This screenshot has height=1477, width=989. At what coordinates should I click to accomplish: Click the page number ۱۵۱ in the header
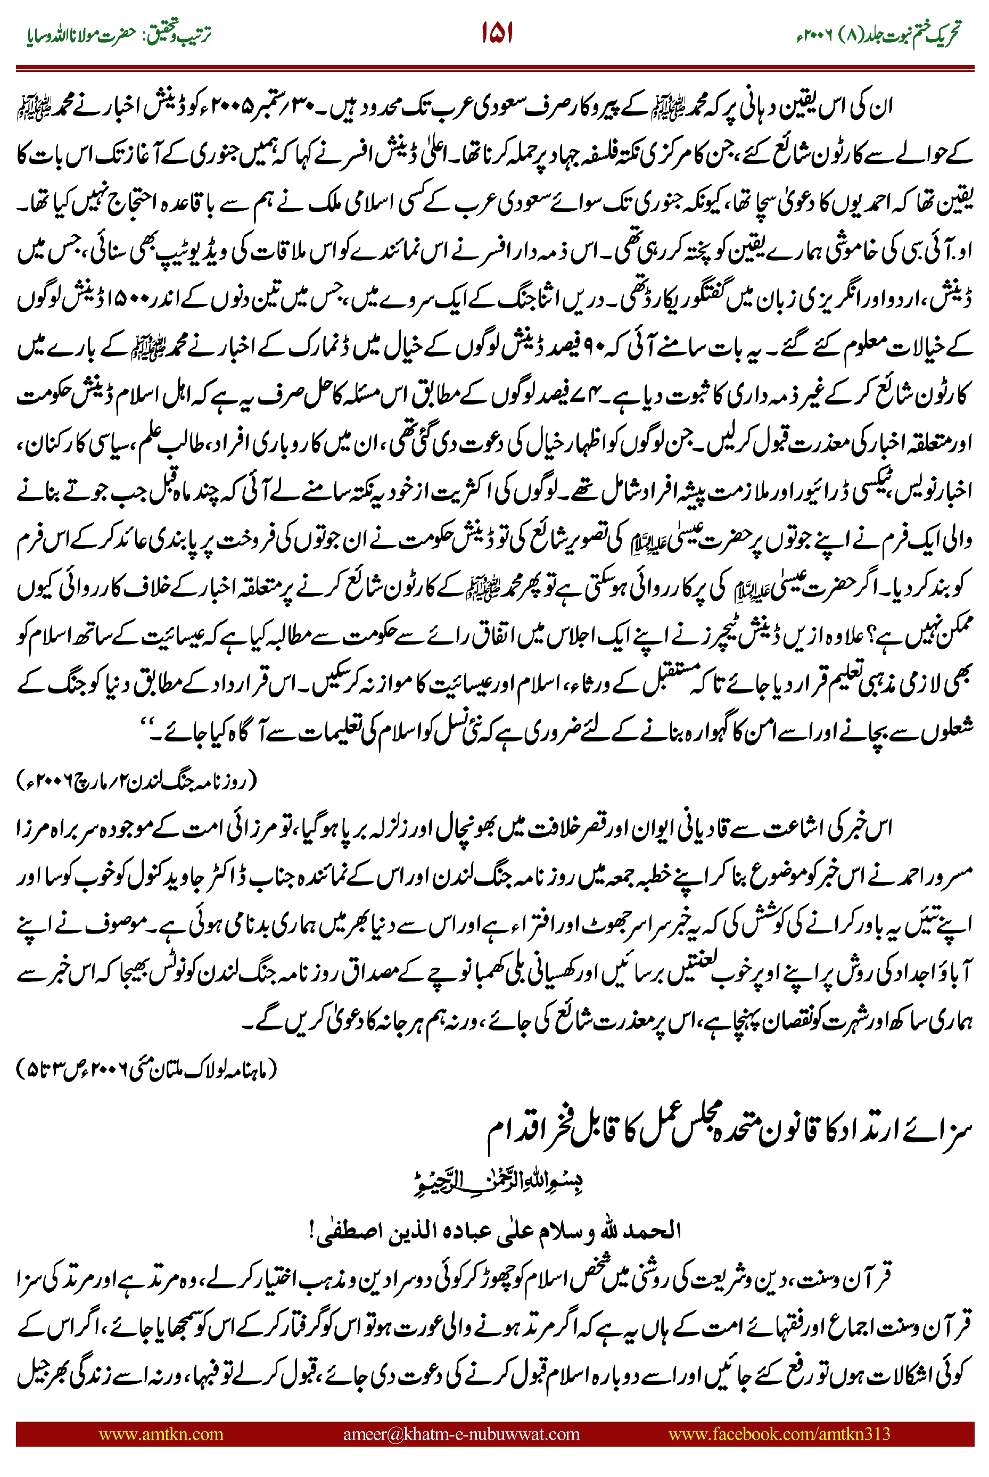[x=497, y=33]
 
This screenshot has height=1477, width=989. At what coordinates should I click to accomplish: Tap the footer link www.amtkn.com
[x=161, y=1433]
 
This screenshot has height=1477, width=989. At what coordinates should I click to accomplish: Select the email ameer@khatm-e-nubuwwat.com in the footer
[x=461, y=1433]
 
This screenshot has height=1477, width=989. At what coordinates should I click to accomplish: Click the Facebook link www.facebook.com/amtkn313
[x=779, y=1433]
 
